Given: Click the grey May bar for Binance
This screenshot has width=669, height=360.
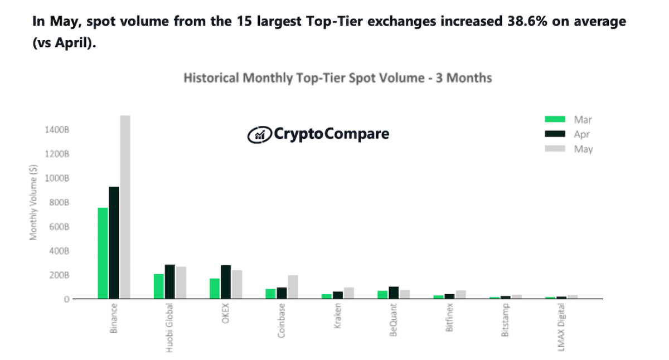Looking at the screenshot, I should (125, 207).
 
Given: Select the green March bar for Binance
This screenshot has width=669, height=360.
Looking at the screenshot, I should (103, 253).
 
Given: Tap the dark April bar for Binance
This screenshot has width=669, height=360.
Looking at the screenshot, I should (114, 242).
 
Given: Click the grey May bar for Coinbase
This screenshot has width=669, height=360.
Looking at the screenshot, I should (293, 287).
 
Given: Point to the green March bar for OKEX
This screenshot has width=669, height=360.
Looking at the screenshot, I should (215, 289).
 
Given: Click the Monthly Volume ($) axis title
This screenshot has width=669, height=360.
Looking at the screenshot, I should (33, 203).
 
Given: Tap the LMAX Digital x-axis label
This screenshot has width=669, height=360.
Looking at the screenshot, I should (562, 330).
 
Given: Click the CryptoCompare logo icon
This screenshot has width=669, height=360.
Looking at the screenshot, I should (259, 134).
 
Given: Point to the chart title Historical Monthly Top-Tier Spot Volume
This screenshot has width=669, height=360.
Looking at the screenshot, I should (338, 78).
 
